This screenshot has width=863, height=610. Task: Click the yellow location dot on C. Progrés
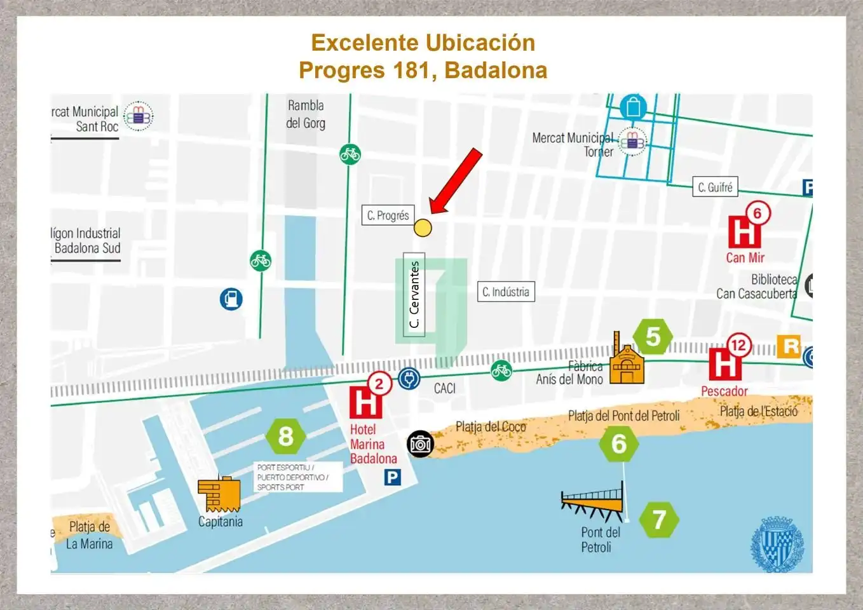(423, 227)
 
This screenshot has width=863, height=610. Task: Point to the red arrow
(456, 181)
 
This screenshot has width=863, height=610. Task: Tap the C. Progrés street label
(388, 215)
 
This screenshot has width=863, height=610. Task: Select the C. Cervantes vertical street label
(414, 294)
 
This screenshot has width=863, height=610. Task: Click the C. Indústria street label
(506, 292)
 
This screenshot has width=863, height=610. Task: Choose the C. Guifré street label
(715, 187)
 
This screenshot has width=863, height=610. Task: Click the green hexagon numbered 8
(286, 437)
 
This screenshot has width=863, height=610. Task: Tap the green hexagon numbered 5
(653, 337)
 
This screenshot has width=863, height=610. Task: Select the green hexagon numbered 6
(618, 444)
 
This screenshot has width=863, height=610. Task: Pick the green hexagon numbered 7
(659, 520)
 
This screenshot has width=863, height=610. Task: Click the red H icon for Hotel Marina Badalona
(365, 403)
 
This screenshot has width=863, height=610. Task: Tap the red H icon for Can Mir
(744, 232)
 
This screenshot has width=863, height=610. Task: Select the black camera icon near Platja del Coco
(420, 444)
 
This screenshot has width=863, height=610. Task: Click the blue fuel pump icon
(231, 299)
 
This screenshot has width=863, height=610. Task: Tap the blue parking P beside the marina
(393, 477)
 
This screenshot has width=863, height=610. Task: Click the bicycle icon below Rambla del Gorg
(350, 154)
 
